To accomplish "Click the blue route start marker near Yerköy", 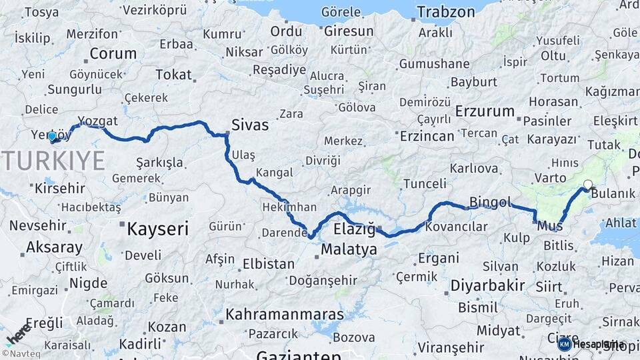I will [x=52, y=136].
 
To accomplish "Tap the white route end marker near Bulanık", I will [x=587, y=185].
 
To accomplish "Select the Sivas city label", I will [x=250, y=125].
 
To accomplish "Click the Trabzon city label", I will [x=446, y=12].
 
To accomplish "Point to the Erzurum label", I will [x=485, y=111].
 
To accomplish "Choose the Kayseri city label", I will [x=158, y=229].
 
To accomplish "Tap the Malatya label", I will [x=349, y=249].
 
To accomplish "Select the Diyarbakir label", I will [x=488, y=286].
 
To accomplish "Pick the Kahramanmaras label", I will [x=285, y=314].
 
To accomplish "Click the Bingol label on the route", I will [x=490, y=202].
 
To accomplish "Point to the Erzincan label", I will [x=427, y=136].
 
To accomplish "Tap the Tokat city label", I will [x=173, y=75].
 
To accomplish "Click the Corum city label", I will [x=113, y=54].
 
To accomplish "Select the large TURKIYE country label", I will [x=53, y=161].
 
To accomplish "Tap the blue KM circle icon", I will [x=564, y=344].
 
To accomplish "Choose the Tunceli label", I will [x=425, y=184].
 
